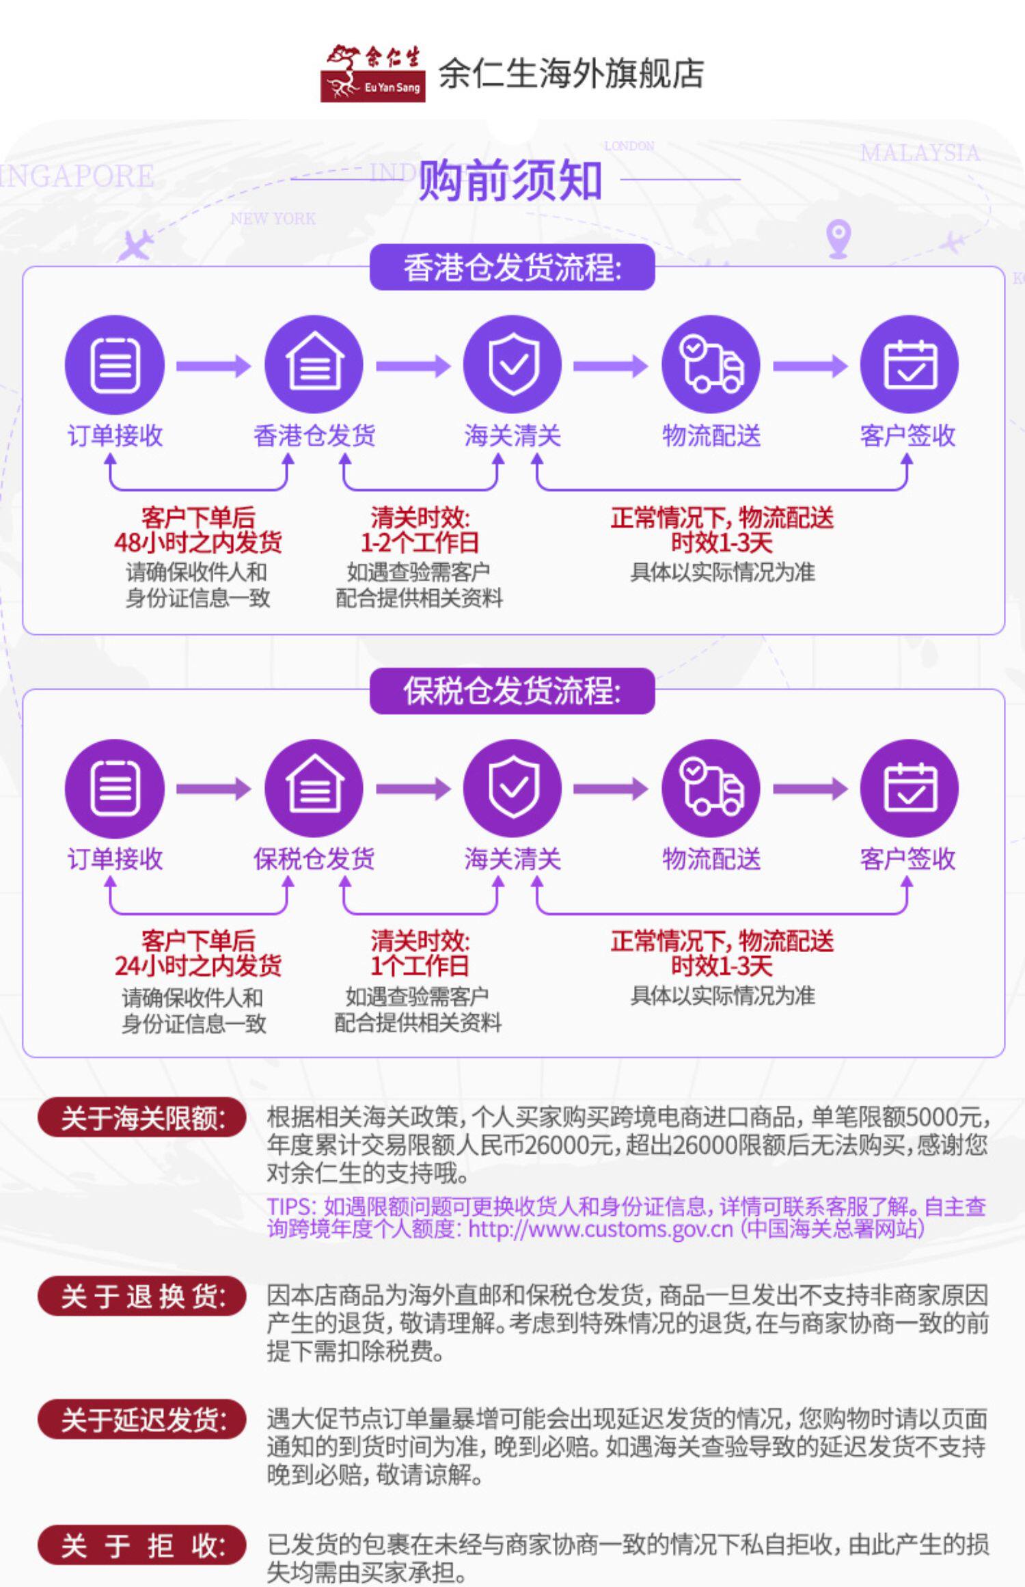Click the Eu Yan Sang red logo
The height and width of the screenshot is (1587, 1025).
pos(372,74)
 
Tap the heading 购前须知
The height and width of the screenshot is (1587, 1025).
pos(510,180)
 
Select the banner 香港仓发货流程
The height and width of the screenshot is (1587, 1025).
pos(512,267)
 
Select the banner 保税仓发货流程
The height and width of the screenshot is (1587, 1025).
pos(512,691)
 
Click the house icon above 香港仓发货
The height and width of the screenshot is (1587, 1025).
pos(314,364)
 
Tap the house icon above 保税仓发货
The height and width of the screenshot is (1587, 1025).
pos(314,788)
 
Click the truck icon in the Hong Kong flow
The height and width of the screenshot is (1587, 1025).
pos(711,364)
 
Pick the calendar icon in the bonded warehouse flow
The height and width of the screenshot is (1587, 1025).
pos(909,788)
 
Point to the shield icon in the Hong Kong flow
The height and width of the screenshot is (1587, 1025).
pos(512,364)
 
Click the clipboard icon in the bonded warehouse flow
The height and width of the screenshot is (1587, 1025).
pos(115,788)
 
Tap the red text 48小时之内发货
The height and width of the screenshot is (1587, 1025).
pos(198,543)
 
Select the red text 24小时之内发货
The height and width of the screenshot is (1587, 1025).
pos(198,966)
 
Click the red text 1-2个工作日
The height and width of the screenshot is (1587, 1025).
pos(420,543)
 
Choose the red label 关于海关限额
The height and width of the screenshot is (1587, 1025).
pos(142,1119)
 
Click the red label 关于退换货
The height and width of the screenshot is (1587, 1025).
pos(142,1296)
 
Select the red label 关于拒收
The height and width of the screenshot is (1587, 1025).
pos(142,1545)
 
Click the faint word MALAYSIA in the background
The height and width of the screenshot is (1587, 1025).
pos(920,153)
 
